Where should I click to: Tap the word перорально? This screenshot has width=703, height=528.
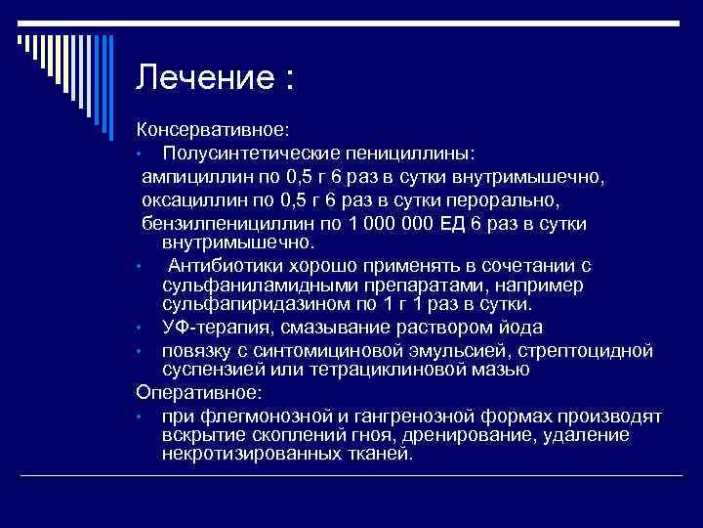point(508,200)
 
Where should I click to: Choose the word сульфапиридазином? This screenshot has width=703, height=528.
point(252,303)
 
